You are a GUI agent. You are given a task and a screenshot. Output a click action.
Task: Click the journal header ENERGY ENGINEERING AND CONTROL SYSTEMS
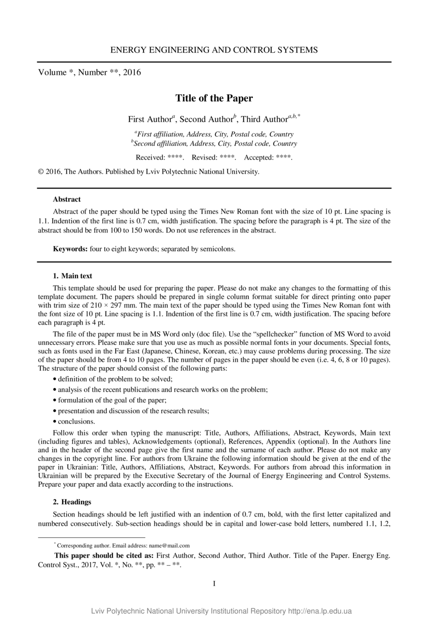[214, 50]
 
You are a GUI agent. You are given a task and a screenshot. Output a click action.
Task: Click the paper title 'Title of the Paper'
[214, 98]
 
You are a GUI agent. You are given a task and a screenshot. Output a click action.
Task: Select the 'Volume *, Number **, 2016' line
[90, 72]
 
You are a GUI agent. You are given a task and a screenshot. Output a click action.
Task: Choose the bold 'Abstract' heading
[67, 199]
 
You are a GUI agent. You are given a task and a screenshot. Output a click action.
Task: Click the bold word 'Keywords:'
[70, 249]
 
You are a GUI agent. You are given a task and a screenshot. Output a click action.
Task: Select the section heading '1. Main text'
[72, 276]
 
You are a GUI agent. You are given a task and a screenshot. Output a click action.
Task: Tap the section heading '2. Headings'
[72, 502]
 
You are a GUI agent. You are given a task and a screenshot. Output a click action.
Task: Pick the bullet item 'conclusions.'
[76, 421]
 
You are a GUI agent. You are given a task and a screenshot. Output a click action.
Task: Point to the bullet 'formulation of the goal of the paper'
[116, 400]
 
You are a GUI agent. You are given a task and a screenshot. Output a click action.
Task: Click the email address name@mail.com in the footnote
[169, 545]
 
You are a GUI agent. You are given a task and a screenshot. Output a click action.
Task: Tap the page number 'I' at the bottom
[214, 583]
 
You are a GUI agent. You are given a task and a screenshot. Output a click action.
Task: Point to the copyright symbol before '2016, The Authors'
[41, 172]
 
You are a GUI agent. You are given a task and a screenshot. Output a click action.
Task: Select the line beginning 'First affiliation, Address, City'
[215, 134]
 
